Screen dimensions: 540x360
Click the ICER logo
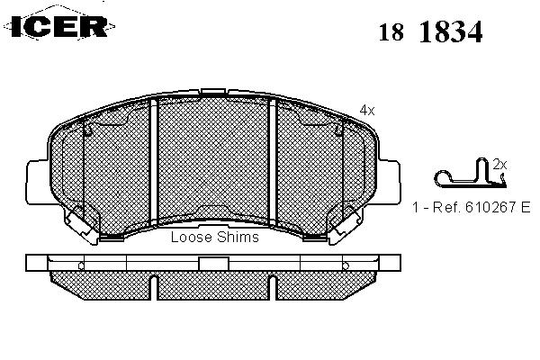click(59, 26)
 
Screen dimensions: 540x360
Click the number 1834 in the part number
click(451, 31)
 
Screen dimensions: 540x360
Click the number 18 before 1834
click(391, 32)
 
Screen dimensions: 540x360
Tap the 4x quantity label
click(366, 110)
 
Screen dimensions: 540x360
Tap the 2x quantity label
click(499, 165)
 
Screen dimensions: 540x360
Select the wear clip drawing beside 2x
click(470, 174)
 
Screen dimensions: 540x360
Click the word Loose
click(191, 237)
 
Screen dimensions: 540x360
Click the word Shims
click(238, 237)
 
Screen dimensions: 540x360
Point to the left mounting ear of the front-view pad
click(37, 181)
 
